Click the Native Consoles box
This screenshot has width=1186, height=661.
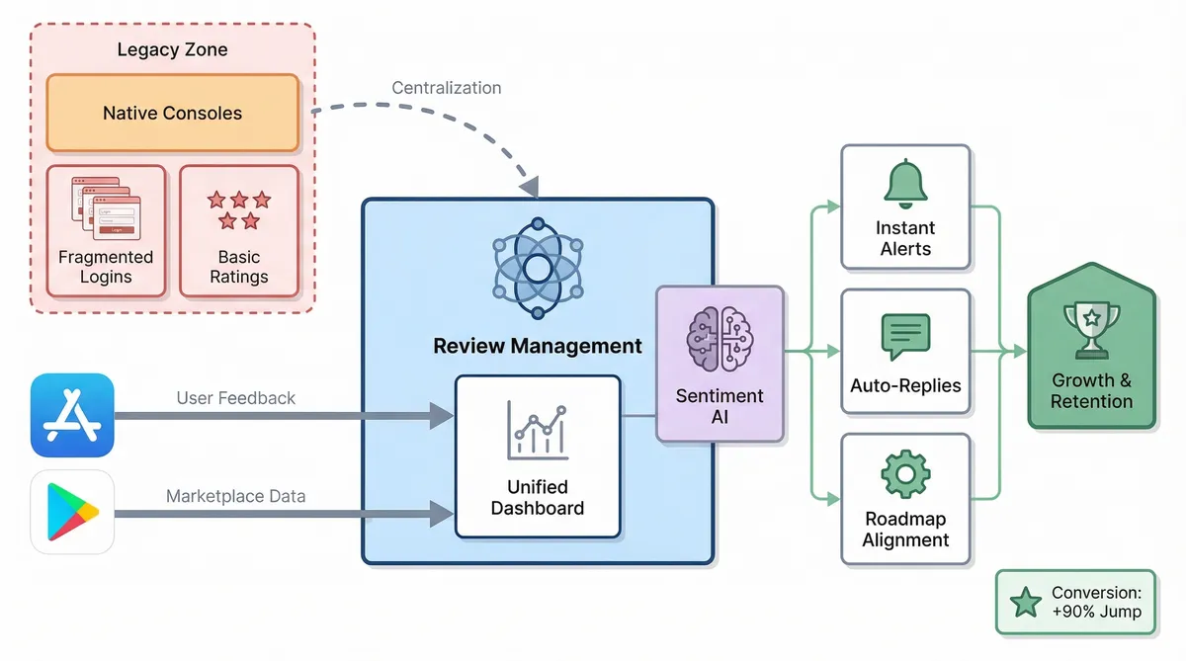pos(172,114)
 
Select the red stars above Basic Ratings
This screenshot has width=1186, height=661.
pos(238,209)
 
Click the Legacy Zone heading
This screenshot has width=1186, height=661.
pos(172,49)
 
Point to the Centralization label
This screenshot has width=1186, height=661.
pos(447,88)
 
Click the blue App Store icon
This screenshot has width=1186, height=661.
pos(72,415)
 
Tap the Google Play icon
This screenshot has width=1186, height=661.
pos(72,511)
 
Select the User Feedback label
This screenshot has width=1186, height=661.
pos(236,398)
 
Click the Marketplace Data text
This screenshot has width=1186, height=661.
pos(236,495)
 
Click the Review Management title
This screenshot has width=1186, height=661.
pos(537,346)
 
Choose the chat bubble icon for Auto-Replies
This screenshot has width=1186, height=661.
pos(905,336)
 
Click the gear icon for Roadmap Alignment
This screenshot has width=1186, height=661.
pos(905,475)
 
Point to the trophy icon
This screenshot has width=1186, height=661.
pos(1091,327)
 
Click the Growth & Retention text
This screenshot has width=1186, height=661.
pos(1091,391)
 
